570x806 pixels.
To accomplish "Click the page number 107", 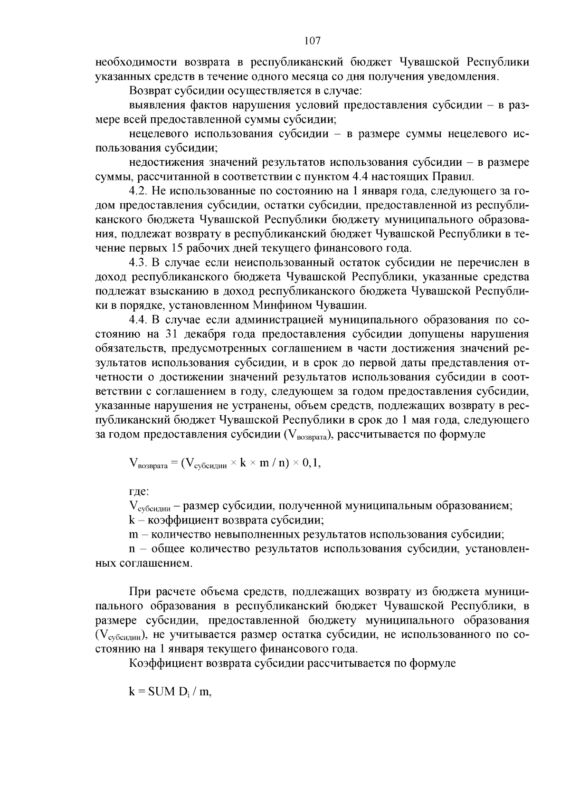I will [x=313, y=41].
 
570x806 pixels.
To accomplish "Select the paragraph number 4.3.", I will [x=138, y=263].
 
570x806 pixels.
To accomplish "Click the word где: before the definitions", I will [x=139, y=492].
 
